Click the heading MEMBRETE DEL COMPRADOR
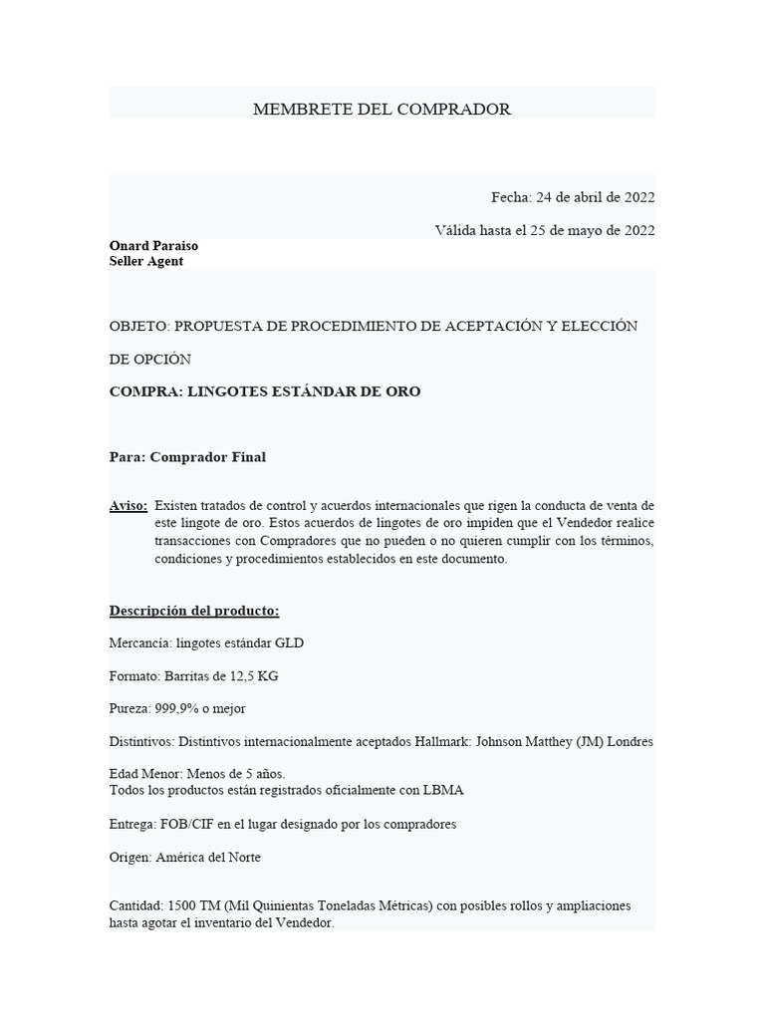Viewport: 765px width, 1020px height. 382,110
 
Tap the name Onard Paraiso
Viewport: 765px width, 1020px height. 153,246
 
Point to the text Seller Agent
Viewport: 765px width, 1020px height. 146,261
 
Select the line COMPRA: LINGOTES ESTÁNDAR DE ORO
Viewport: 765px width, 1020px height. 265,391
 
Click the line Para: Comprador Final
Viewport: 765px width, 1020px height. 187,457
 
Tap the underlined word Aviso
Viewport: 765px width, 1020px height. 127,507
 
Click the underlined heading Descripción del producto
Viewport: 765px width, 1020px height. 194,610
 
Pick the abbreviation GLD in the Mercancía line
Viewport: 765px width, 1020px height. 289,643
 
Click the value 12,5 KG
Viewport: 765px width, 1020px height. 253,676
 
